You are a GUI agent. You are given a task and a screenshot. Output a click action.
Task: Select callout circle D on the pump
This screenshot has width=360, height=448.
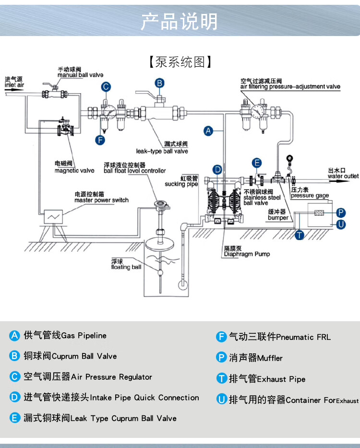pyautogui.click(x=217, y=169)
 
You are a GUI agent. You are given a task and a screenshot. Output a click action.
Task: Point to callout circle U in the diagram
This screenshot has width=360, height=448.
pyautogui.click(x=341, y=224)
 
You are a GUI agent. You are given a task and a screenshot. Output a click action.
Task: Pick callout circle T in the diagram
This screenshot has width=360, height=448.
pyautogui.click(x=300, y=235)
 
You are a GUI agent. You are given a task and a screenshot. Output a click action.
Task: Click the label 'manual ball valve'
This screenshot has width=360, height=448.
pyautogui.click(x=80, y=75)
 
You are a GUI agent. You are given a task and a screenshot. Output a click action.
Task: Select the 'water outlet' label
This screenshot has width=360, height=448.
pyautogui.click(x=343, y=176)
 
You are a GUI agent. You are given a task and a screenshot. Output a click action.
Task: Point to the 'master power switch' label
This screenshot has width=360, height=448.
pyautogui.click(x=101, y=200)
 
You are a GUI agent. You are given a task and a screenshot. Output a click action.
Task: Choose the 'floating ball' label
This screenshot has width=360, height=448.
pyautogui.click(x=126, y=267)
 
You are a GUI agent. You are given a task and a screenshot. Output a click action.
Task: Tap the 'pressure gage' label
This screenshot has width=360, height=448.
pyautogui.click(x=310, y=195)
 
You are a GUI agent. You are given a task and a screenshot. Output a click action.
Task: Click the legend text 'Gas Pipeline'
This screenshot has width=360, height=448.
pyautogui.click(x=84, y=335)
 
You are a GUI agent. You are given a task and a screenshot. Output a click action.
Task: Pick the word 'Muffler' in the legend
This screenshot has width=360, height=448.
pyautogui.click(x=270, y=358)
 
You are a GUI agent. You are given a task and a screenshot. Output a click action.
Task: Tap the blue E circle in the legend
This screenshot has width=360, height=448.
pyautogui.click(x=15, y=418)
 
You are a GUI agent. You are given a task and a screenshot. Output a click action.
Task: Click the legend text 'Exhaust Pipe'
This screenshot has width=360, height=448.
pyautogui.click(x=281, y=379)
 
